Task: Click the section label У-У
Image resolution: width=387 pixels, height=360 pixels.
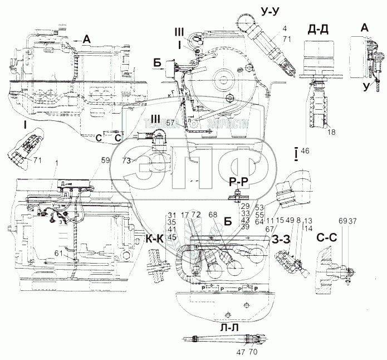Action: point(270,11)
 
